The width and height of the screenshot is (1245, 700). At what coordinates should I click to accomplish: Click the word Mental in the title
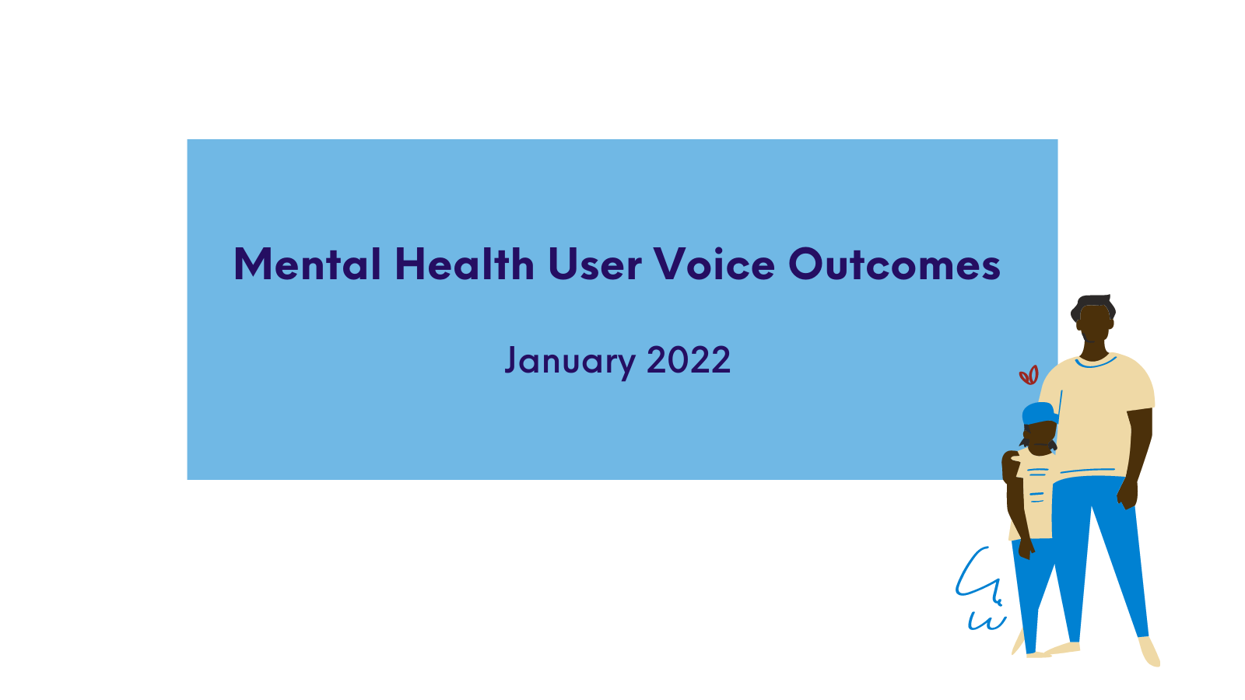307,264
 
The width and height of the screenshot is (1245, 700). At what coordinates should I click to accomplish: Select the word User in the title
594,264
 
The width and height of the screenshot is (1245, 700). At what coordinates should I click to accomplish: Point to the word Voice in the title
714,264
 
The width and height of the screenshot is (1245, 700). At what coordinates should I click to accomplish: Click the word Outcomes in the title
894,264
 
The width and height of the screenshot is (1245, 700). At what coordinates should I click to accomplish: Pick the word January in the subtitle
570,362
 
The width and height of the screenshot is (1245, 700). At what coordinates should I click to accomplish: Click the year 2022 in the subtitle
689,360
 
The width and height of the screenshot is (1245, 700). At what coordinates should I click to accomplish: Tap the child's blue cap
1040,414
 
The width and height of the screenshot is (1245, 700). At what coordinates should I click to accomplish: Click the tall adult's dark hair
1092,306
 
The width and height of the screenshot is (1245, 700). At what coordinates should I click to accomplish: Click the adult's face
1094,324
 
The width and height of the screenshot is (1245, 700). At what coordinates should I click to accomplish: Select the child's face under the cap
1040,437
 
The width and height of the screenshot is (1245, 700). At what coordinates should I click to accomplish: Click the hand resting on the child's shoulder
1012,461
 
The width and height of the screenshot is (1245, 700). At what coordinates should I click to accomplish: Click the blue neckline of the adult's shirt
1096,363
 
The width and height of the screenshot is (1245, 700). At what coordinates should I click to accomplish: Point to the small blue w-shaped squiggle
987,621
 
